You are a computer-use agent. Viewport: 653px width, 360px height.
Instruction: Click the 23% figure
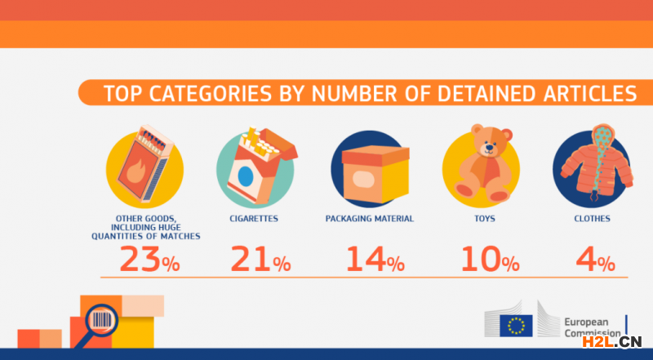pyautogui.click(x=149, y=259)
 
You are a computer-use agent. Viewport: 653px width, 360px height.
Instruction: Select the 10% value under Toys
pyautogui.click(x=488, y=259)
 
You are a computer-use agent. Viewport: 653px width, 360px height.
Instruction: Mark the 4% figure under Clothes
pyautogui.click(x=593, y=259)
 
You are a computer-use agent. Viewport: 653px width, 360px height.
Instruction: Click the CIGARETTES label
pyautogui.click(x=255, y=219)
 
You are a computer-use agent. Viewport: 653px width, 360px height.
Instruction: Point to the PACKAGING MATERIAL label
pyautogui.click(x=370, y=219)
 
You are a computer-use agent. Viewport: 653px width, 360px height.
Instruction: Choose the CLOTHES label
pyautogui.click(x=593, y=219)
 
